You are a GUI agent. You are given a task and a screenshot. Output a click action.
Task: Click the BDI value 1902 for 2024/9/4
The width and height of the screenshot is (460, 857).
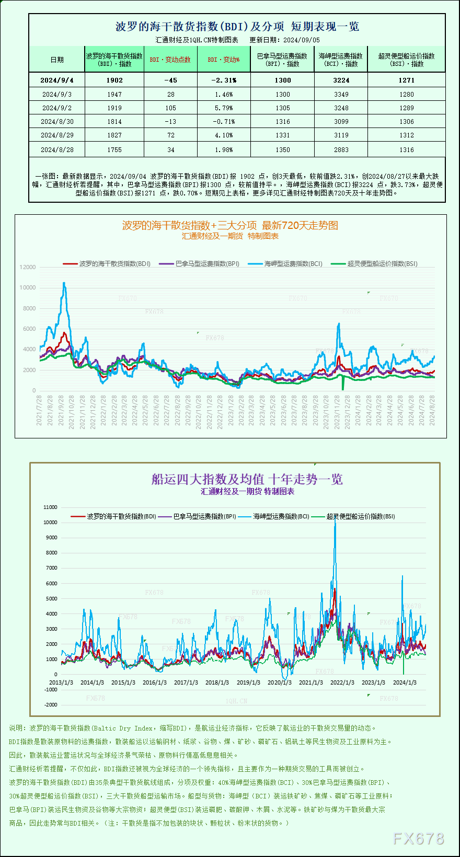(114, 80)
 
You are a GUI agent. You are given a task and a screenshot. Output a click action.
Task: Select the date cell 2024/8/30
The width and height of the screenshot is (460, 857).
(57, 121)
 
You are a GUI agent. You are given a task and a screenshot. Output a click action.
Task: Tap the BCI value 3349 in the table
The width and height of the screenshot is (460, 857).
(341, 94)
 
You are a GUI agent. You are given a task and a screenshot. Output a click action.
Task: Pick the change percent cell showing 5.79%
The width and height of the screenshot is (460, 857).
(223, 108)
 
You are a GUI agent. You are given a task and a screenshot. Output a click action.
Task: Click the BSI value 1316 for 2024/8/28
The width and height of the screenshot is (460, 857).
(406, 149)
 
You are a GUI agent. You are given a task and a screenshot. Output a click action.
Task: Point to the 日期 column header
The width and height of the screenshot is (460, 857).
(57, 60)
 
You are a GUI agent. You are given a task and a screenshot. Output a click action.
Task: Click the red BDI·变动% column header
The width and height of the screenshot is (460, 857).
(223, 60)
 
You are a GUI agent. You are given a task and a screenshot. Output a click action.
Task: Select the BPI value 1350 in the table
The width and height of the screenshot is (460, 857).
(282, 149)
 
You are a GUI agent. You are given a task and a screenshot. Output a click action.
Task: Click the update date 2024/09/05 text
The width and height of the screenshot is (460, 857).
(302, 40)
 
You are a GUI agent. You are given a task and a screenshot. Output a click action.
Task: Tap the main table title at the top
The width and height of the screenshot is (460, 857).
(237, 26)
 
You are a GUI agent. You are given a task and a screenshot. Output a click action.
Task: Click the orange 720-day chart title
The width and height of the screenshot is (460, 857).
(230, 225)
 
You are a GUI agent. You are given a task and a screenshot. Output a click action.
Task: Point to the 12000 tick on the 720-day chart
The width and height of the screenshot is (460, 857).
(28, 267)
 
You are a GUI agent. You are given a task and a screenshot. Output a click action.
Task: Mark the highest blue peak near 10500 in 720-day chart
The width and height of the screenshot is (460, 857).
(64, 283)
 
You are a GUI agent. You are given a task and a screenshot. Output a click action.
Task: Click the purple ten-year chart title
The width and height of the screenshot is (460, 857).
(247, 479)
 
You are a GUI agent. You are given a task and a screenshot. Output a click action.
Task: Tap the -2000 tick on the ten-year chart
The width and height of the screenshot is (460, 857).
(51, 704)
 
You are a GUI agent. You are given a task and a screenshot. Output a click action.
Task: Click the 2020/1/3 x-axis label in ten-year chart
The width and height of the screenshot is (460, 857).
(280, 682)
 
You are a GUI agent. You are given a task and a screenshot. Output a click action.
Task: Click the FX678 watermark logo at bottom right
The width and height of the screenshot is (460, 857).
(418, 839)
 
